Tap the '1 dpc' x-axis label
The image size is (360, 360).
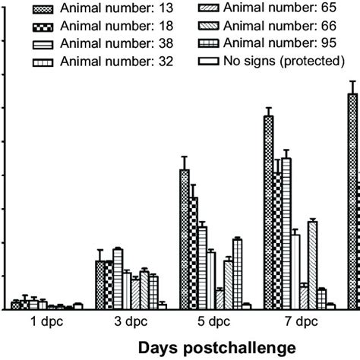(46, 321)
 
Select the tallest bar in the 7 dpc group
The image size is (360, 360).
(268, 213)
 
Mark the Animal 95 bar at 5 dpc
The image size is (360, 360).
(237, 273)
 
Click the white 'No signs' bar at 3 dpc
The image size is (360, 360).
(162, 306)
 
